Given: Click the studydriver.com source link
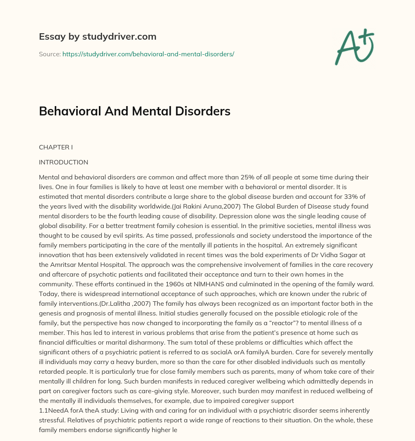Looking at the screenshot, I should coord(148,54).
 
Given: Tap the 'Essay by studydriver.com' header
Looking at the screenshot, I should coord(98,36).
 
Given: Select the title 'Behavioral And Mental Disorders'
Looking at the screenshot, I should coord(135,111).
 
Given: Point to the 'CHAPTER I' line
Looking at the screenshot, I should coord(56,147).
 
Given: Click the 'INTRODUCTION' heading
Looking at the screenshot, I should coord(64,162).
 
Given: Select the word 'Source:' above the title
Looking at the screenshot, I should coord(49,54).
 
